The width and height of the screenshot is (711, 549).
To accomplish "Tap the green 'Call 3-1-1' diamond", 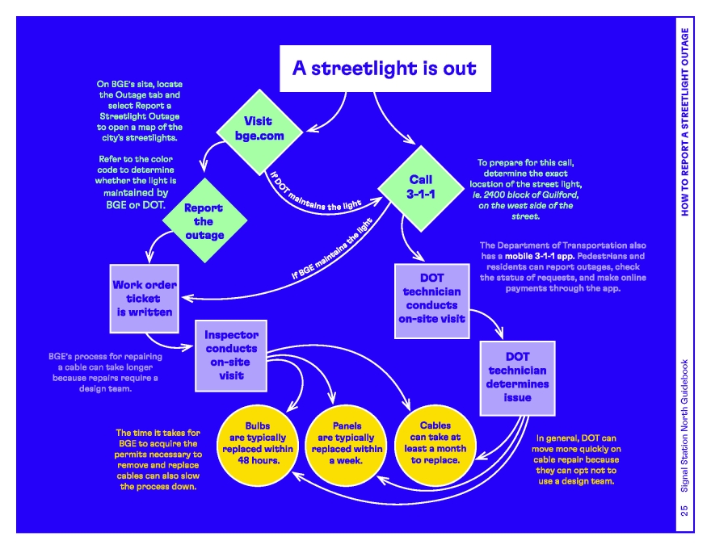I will click(x=420, y=186).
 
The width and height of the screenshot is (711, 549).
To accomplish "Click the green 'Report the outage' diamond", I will click(x=204, y=220).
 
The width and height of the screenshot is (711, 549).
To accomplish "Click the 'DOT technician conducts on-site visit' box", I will click(x=431, y=298).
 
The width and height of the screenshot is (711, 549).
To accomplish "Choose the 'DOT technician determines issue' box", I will click(x=518, y=376).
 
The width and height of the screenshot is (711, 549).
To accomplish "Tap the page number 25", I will click(x=684, y=510).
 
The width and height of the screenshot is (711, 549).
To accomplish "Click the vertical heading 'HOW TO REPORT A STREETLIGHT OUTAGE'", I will click(x=684, y=121).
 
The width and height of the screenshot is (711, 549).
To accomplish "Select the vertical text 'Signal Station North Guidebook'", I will click(x=684, y=424).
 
